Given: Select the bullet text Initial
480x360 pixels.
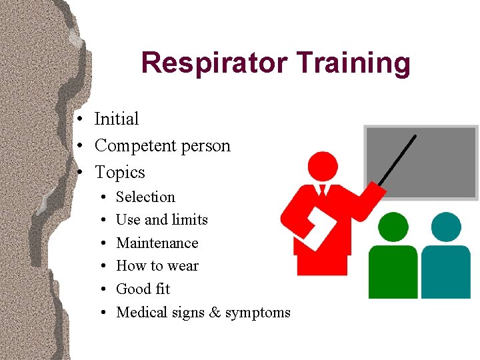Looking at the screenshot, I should point(117,119).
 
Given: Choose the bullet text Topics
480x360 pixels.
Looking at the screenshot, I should point(120,173).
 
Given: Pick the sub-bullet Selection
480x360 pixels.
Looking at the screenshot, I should point(145,197).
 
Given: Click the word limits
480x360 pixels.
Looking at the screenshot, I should point(190,220).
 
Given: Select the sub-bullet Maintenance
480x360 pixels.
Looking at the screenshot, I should point(157,243).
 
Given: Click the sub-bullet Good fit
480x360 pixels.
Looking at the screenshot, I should point(143,289).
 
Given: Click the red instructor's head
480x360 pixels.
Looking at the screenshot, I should point(323,167).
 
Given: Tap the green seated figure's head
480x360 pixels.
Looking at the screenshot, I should point(394,227).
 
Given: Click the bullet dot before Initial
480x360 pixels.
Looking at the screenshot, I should point(79,120).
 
